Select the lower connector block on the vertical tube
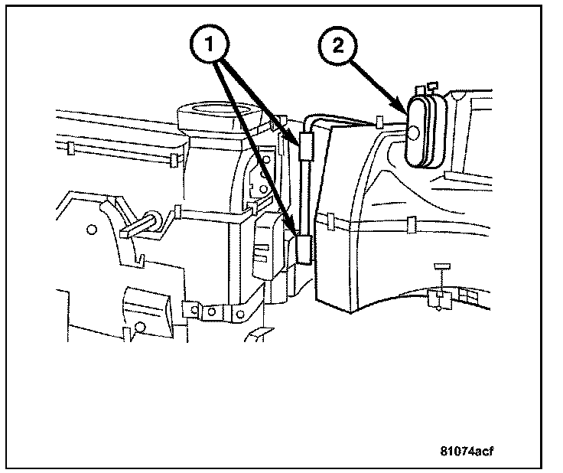tap(304, 249)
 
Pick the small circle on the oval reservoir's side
tap(413, 133)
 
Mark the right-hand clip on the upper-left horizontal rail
tap(175, 158)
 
